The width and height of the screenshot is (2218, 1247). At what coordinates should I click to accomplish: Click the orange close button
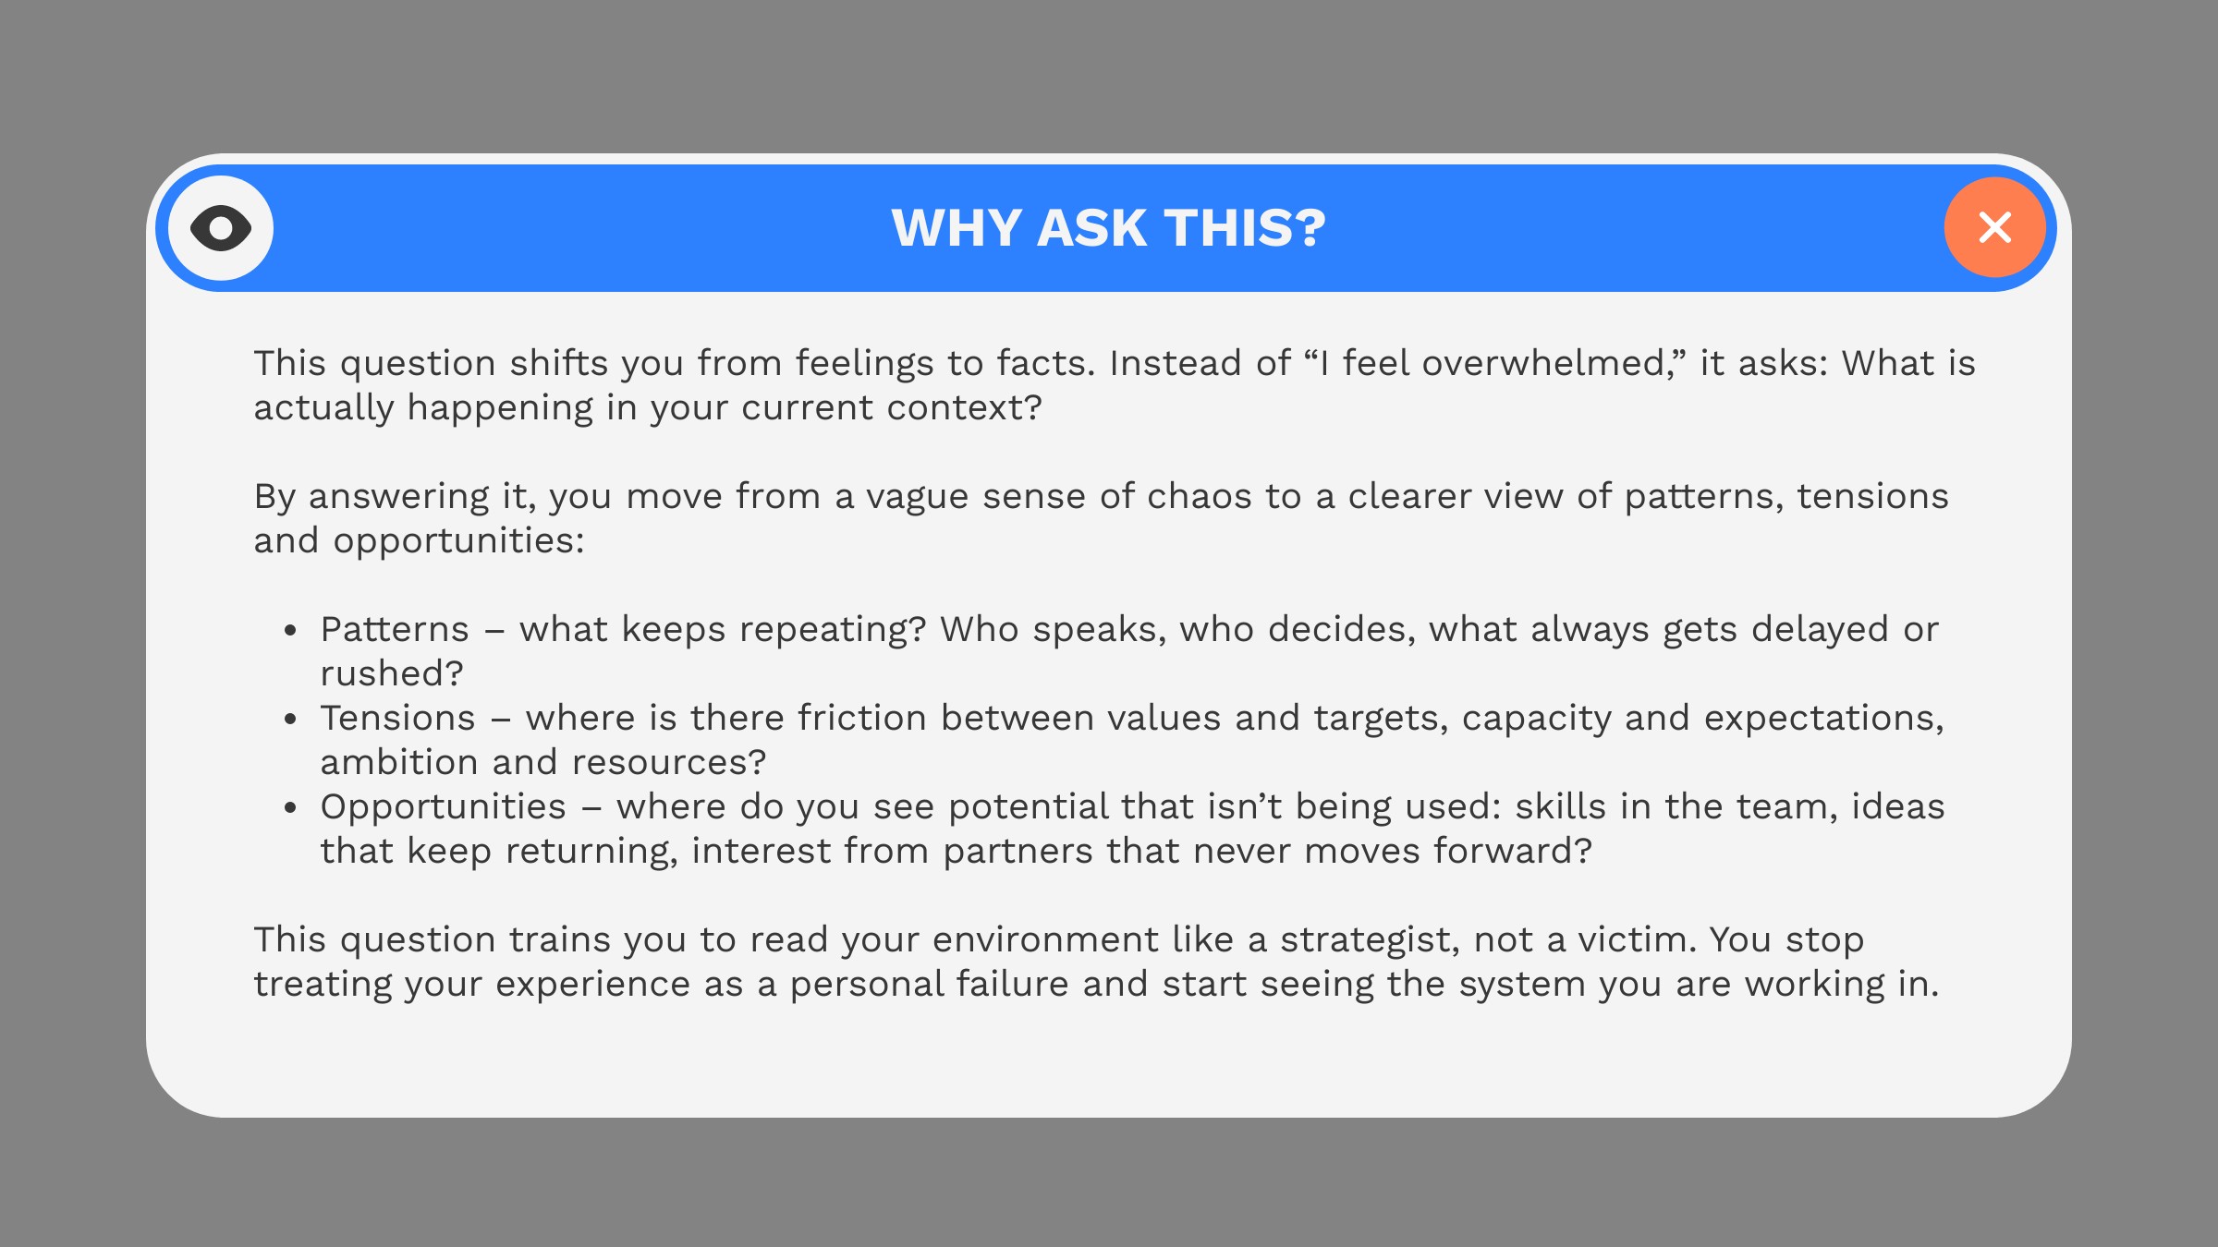pyautogui.click(x=1994, y=227)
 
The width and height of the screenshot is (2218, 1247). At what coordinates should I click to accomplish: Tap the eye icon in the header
pyautogui.click(x=221, y=228)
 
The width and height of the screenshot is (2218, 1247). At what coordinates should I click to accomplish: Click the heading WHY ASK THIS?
pyautogui.click(x=1108, y=228)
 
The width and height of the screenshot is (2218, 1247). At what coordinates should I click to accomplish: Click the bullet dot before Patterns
pyautogui.click(x=290, y=631)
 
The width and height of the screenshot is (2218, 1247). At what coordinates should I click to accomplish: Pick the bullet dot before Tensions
pyautogui.click(x=290, y=720)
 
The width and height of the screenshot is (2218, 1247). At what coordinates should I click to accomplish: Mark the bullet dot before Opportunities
pyautogui.click(x=290, y=808)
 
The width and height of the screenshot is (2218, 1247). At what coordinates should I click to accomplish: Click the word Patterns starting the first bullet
pyautogui.click(x=395, y=630)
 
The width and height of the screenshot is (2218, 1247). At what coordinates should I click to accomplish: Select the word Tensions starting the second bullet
pyautogui.click(x=398, y=719)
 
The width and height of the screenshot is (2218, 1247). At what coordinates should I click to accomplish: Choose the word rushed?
pyautogui.click(x=392, y=674)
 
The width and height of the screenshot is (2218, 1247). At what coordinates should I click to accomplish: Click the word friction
pyautogui.click(x=862, y=719)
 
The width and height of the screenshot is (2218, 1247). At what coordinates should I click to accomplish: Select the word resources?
pyautogui.click(x=669, y=763)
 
